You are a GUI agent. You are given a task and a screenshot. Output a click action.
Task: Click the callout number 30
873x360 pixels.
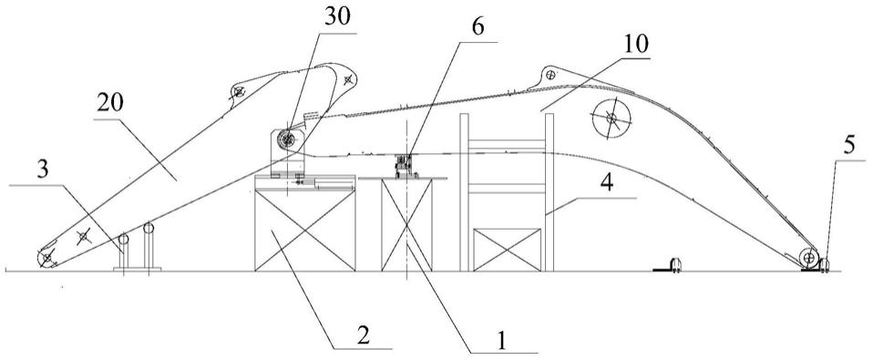click(336, 19)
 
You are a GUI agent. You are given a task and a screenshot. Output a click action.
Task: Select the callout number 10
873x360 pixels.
click(635, 45)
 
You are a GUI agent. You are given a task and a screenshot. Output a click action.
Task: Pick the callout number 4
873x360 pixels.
click(609, 183)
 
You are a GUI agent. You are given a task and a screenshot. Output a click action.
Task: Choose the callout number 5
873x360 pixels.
click(848, 147)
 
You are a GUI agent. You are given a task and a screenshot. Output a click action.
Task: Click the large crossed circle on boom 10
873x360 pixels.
click(611, 118)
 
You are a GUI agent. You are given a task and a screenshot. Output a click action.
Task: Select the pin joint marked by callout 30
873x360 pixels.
click(287, 139)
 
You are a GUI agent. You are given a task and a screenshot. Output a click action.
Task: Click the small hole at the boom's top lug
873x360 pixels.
click(550, 74)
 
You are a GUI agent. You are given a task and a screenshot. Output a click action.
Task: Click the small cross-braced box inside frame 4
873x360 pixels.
click(507, 250)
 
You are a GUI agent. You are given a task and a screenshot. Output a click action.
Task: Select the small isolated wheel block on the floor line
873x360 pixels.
click(676, 265)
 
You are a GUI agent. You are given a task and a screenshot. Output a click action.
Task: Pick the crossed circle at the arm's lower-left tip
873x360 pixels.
click(46, 258)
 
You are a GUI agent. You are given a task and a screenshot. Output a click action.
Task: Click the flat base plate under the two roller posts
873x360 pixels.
click(137, 269)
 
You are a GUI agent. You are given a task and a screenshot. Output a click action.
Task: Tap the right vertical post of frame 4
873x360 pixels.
click(549, 192)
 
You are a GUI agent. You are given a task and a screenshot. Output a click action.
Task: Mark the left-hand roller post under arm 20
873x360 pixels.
click(124, 251)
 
